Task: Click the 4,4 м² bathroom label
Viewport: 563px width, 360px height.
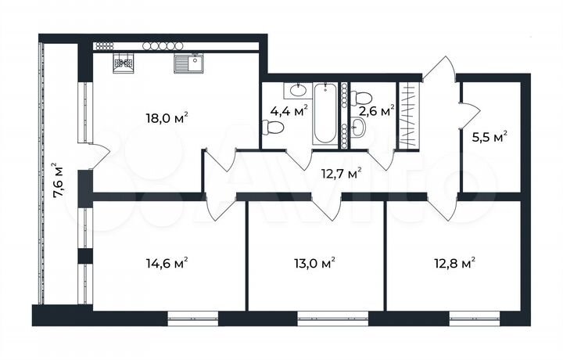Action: pos(285,110)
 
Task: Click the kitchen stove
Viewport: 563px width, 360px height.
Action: pos(123,63)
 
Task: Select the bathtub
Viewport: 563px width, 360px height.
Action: pos(325,113)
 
